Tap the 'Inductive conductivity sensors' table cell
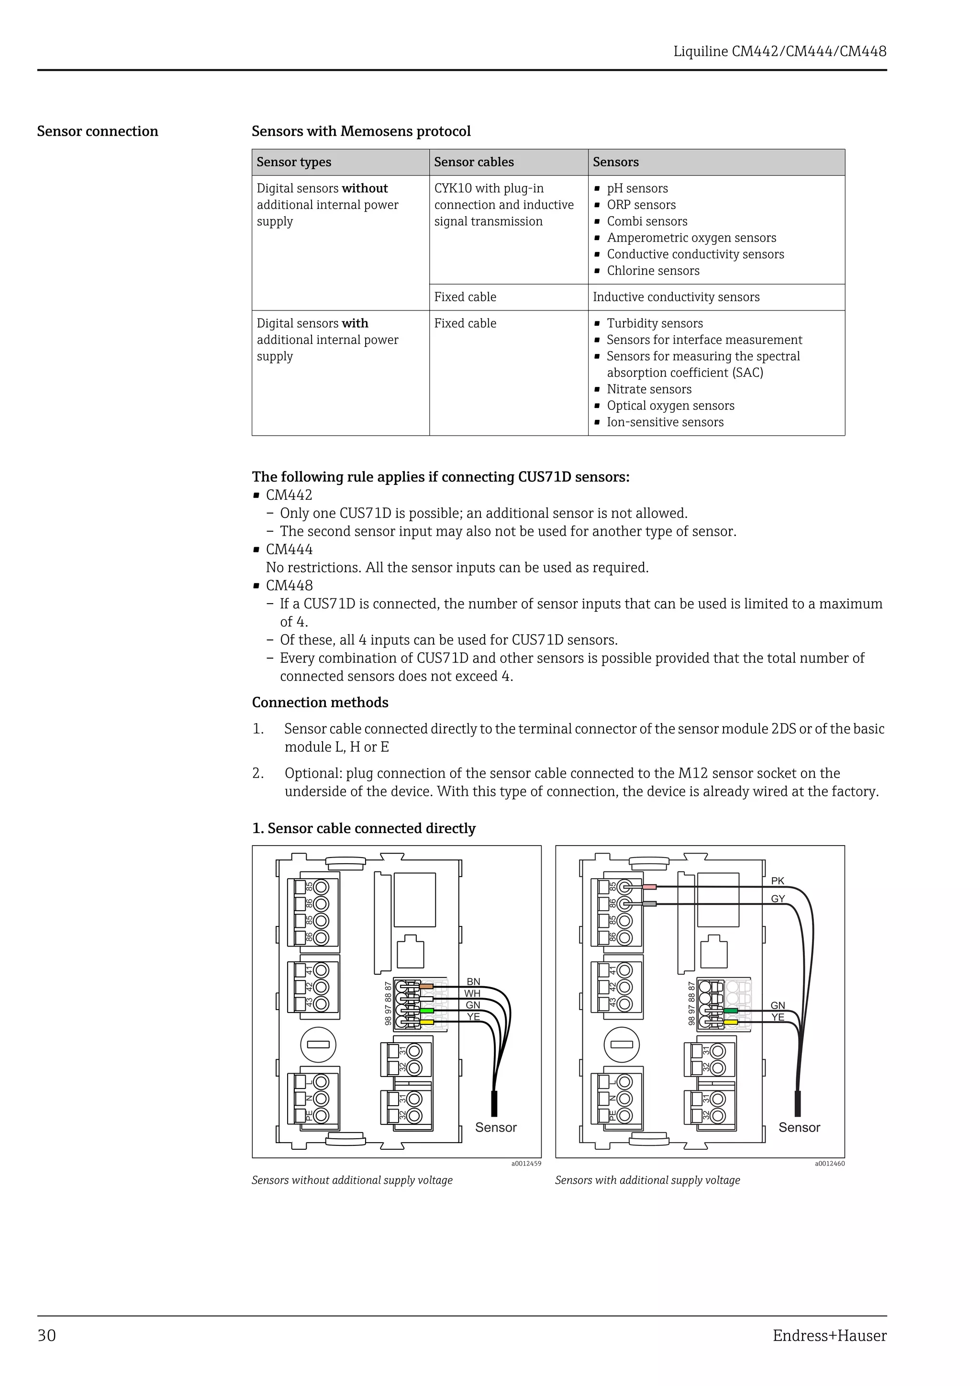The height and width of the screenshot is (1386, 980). coord(676,297)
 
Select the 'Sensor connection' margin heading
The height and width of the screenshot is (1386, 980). coord(97,131)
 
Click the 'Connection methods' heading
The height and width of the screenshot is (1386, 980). coord(320,702)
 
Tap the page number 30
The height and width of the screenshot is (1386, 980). coord(46,1335)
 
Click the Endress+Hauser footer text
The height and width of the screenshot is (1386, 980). coord(829,1335)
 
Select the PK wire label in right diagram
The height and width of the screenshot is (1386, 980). coord(777,881)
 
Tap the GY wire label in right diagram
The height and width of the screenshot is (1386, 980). coord(778,899)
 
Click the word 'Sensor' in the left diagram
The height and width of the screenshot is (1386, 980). coord(496,1128)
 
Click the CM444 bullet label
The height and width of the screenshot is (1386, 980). coord(289,550)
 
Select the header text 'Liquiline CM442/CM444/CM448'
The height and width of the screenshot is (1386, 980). coord(780,51)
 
